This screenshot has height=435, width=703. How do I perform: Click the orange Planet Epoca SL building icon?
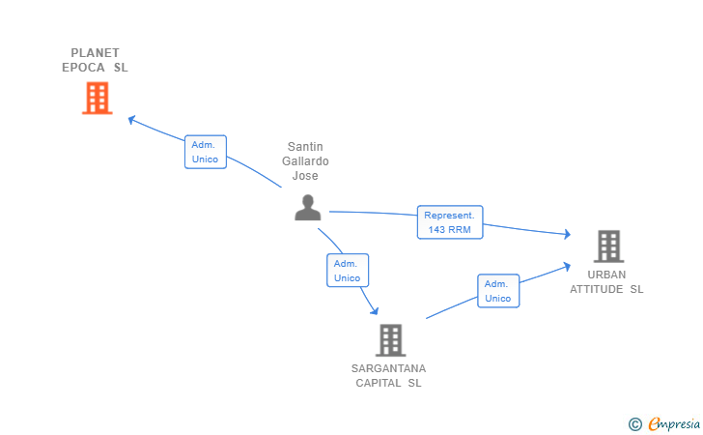pos(97,98)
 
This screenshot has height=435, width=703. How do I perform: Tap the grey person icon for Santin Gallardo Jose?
pos(307,207)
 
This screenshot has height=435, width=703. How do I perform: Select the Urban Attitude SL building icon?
pos(608,246)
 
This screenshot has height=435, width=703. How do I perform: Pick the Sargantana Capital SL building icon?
pos(390,339)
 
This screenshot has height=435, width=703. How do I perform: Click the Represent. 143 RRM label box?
pos(450,222)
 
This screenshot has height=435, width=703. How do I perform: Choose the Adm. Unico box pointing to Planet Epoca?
pos(205,152)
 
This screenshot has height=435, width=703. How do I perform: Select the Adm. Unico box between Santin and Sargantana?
pos(348,271)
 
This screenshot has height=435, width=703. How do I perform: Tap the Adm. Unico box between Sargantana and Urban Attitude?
pos(498,291)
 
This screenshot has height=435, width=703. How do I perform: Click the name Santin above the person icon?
pos(305,147)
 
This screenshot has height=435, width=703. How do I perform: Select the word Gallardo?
pos(305,161)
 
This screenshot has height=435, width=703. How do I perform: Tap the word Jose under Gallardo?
pos(305,176)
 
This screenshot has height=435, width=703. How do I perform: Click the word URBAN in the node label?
pos(606,275)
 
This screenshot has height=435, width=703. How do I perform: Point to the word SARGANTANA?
pos(389,368)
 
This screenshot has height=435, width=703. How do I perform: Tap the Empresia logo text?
pos(669,423)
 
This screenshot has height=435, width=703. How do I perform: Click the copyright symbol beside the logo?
pos(634,423)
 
